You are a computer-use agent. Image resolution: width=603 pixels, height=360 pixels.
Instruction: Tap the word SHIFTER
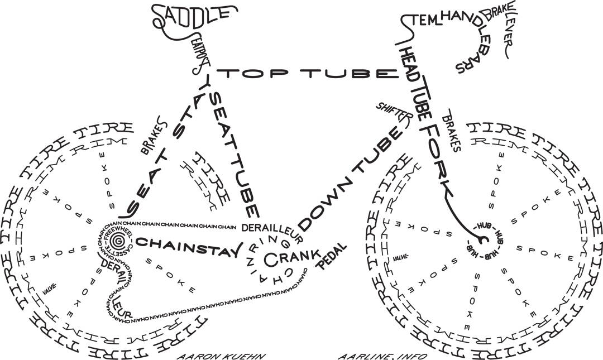[394, 111]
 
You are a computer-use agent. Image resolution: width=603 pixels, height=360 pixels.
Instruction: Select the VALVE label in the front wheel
[400, 258]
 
